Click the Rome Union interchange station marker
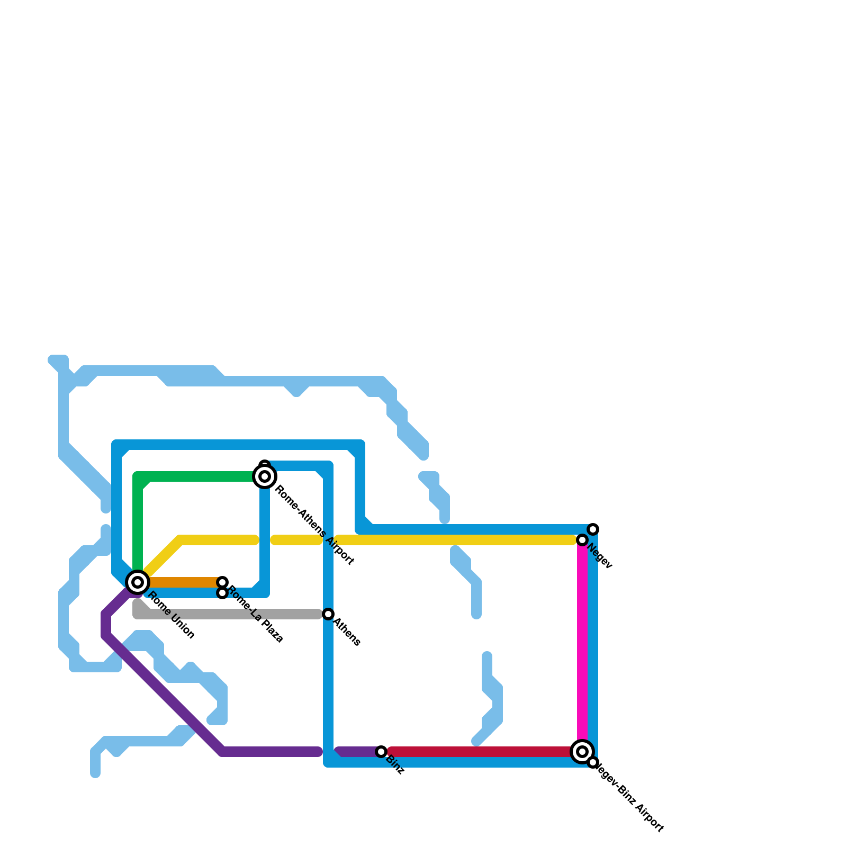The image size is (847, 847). point(138,582)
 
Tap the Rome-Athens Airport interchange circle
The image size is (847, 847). point(265,476)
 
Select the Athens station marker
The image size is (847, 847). point(328,614)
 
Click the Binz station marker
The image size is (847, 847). point(381,752)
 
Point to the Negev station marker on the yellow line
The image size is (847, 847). point(582,540)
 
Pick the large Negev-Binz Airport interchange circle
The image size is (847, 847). point(582,751)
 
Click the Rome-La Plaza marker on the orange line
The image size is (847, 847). point(222,582)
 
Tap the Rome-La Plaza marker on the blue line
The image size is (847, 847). point(222,593)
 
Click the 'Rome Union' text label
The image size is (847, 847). point(171,615)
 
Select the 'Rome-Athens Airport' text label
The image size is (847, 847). point(314,525)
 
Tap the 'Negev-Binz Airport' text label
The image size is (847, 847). point(628,797)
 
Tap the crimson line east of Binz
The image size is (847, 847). point(476,752)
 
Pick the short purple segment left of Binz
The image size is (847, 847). point(357,752)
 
